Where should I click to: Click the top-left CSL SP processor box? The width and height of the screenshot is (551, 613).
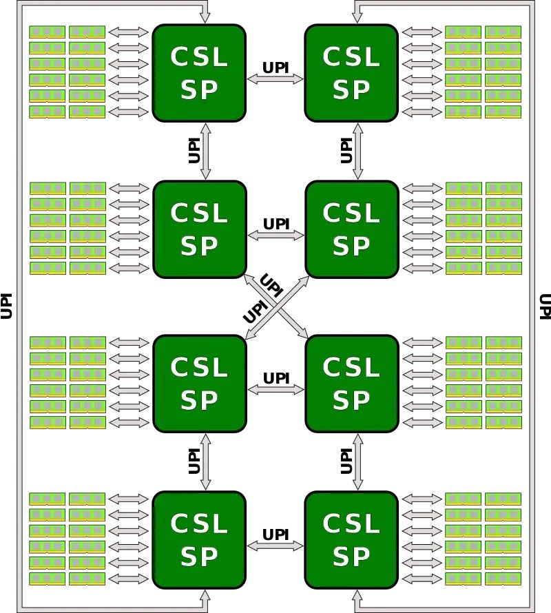(199, 73)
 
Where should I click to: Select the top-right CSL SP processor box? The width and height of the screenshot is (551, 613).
(351, 73)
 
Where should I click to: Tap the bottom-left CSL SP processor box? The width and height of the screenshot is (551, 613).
(199, 540)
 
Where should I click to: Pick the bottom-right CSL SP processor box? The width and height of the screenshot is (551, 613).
(351, 540)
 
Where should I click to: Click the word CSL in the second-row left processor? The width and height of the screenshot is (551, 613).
(199, 214)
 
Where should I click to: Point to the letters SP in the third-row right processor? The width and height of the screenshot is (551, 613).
(351, 400)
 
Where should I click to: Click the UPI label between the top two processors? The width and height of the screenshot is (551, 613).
(275, 67)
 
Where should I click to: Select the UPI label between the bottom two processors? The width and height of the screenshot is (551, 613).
(275, 534)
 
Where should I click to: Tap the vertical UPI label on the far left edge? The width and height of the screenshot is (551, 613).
(7, 306)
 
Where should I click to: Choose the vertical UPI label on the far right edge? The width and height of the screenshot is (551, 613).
(544, 306)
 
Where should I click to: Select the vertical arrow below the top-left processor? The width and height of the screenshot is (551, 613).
(205, 152)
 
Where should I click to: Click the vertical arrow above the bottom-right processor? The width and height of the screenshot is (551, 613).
(357, 461)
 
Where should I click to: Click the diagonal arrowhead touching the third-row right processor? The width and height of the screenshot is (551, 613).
(304, 333)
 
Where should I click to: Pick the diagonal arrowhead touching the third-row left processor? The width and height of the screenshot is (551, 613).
(247, 333)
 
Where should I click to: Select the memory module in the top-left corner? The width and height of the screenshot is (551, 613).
(47, 32)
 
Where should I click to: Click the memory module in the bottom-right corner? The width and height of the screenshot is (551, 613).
(503, 579)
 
